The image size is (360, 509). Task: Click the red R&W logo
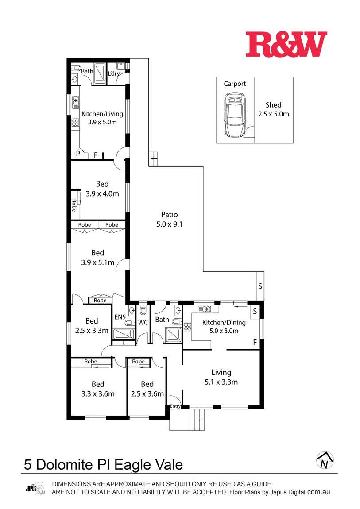click(286, 44)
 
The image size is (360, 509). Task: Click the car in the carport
click(235, 115)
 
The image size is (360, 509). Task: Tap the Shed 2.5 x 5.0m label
click(273, 109)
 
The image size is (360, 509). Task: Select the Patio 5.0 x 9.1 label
click(170, 219)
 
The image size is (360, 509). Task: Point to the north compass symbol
click(325, 460)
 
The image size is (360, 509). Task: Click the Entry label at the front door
click(175, 406)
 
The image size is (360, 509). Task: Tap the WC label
click(143, 322)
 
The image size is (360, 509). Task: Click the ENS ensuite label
click(120, 317)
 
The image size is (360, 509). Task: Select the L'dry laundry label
click(114, 73)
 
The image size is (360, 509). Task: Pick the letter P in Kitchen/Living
click(78, 154)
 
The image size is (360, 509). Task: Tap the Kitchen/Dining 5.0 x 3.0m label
click(224, 327)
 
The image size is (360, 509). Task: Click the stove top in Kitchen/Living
click(75, 122)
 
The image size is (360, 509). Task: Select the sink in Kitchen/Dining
click(204, 309)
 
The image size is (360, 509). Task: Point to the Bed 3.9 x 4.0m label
click(102, 189)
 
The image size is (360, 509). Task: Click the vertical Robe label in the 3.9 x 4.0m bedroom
click(74, 205)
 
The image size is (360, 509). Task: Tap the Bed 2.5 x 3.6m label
click(147, 389)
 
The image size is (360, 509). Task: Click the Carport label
click(235, 84)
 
